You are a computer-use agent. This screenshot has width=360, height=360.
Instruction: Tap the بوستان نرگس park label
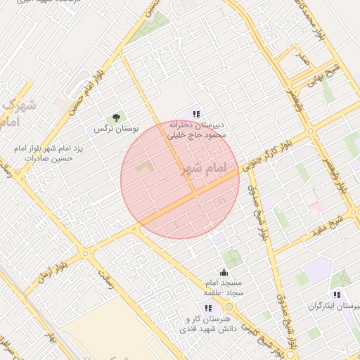pyautogui.click(x=117, y=129)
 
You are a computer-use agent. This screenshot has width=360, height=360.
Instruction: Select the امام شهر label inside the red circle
pyautogui.click(x=205, y=169)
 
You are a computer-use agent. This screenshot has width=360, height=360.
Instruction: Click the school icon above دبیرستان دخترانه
pyautogui.click(x=197, y=114)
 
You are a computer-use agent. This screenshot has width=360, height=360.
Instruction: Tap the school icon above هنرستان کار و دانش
pyautogui.click(x=208, y=307)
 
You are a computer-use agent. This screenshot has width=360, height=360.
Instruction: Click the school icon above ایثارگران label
pyautogui.click(x=337, y=294)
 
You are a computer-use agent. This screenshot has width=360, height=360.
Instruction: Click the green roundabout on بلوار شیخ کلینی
pyautogui.click(x=229, y=307)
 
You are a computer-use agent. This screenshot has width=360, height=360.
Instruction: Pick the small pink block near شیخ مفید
pyautogui.click(x=316, y=207)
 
